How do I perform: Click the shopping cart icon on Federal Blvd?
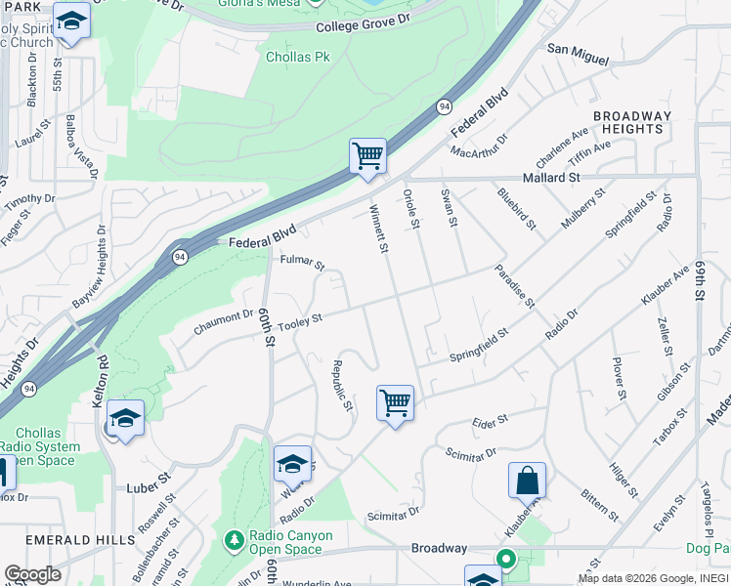click(367, 155)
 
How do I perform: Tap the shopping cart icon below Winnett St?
click(395, 402)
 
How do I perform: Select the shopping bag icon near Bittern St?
click(527, 481)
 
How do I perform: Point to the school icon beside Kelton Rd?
click(125, 418)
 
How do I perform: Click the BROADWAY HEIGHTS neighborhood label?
click(632, 122)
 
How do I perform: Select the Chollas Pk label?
click(297, 57)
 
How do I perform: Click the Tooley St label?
click(299, 322)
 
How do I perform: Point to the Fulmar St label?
click(301, 262)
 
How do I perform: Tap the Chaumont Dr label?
click(223, 322)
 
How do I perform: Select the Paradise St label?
click(514, 286)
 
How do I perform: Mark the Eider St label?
click(490, 420)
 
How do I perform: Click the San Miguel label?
click(577, 54)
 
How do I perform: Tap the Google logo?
click(32, 574)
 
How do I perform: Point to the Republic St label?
click(341, 386)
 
